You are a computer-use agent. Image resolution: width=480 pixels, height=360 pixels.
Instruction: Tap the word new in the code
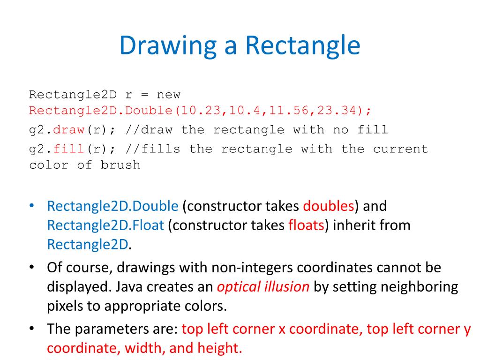coord(169,95)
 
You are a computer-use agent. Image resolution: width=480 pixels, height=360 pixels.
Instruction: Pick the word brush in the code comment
coord(120,165)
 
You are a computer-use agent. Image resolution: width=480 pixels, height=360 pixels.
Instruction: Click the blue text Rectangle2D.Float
coord(105,225)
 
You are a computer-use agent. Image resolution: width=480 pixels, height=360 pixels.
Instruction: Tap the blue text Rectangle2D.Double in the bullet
coord(112,206)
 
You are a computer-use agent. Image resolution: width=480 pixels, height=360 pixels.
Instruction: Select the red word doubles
coord(329,206)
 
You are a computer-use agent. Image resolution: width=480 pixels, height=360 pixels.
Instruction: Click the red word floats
coord(306,225)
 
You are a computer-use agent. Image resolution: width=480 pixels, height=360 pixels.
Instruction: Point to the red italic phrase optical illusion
coord(263,287)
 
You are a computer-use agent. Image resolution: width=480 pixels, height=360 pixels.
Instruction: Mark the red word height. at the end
coord(219,348)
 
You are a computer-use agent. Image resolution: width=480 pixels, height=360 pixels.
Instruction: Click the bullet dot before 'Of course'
coord(32,268)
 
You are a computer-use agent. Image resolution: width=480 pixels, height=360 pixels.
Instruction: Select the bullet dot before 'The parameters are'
coord(32,329)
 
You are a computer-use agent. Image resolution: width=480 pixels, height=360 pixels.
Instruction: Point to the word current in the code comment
coord(400,149)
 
